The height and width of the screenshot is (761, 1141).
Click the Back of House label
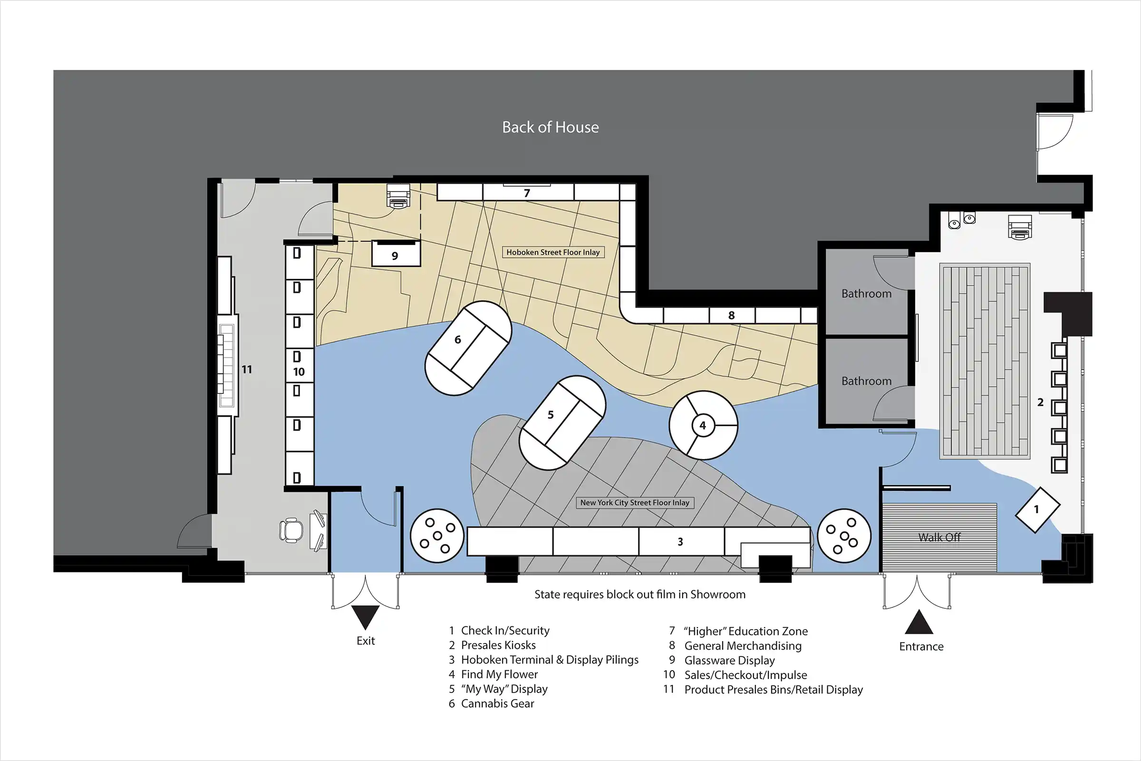tap(550, 127)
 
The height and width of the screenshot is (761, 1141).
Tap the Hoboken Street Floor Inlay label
tap(553, 253)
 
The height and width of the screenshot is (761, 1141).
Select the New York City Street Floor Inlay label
tap(635, 503)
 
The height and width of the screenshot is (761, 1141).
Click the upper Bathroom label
tap(866, 293)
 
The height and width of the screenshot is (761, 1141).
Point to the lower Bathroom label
tap(866, 381)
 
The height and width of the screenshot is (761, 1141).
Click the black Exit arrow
tap(365, 616)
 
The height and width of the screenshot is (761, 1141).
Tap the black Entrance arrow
tap(919, 622)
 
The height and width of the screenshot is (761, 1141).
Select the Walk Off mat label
tap(939, 537)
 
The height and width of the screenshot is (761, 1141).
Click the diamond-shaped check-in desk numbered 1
tap(1038, 510)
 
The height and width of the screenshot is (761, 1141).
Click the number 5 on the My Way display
tap(551, 415)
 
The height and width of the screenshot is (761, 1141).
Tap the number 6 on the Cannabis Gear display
tap(457, 340)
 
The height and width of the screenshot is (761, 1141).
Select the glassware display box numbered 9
tap(396, 254)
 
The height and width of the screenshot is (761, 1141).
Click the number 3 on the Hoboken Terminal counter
tap(680, 542)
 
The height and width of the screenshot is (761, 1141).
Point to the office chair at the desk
tap(291, 529)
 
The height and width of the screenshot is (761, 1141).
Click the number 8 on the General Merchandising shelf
tap(732, 315)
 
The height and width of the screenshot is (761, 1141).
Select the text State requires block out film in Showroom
tap(640, 595)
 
